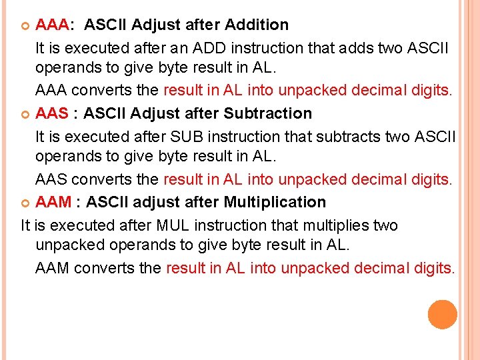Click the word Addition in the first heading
point(257,25)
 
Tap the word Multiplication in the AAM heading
point(275,202)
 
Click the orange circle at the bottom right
point(443,315)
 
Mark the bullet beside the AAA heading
point(26,25)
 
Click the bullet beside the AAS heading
point(26,114)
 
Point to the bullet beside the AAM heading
point(26,203)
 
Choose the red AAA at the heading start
point(52,25)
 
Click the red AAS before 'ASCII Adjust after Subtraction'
point(52,113)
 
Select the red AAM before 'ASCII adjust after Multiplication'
point(53,202)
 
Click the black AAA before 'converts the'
point(51,91)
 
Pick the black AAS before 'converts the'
point(51,179)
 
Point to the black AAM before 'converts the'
point(53,268)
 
